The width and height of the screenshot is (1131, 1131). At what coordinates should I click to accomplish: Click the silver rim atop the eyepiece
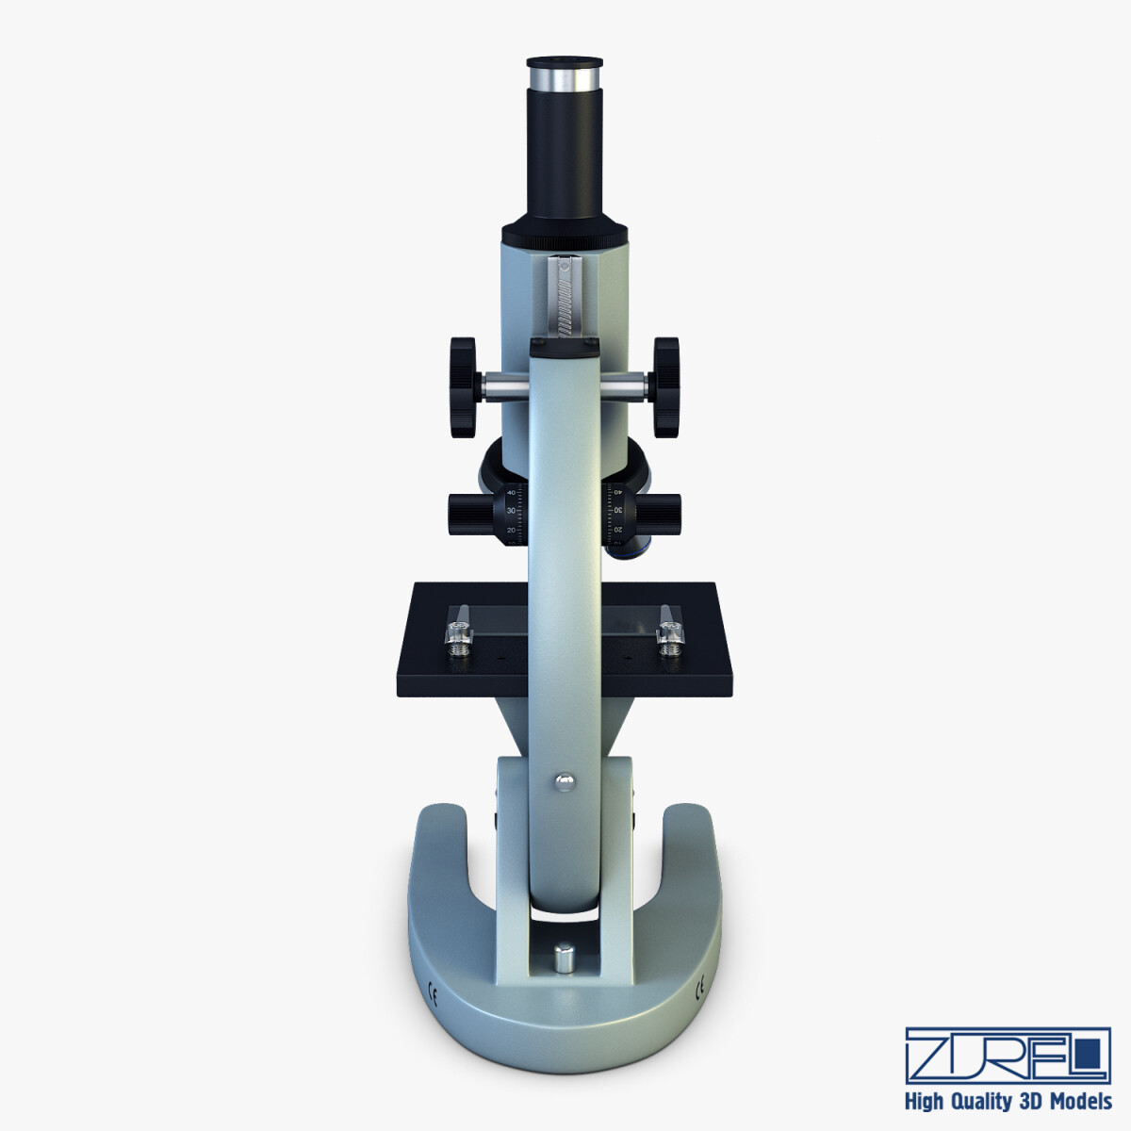565,74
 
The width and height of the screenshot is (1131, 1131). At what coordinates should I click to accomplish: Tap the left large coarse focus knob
463,386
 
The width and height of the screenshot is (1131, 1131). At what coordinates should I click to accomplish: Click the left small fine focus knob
468,513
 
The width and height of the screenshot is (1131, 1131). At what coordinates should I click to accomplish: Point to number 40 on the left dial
512,492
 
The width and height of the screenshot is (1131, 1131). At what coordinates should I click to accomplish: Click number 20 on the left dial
512,531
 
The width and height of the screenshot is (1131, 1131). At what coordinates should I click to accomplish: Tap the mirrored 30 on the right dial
618,511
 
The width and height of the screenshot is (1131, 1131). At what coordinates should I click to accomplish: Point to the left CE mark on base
434,991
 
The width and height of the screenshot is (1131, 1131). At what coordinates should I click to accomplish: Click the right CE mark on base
698,991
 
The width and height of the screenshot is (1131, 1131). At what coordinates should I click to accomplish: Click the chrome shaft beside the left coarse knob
503,385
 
